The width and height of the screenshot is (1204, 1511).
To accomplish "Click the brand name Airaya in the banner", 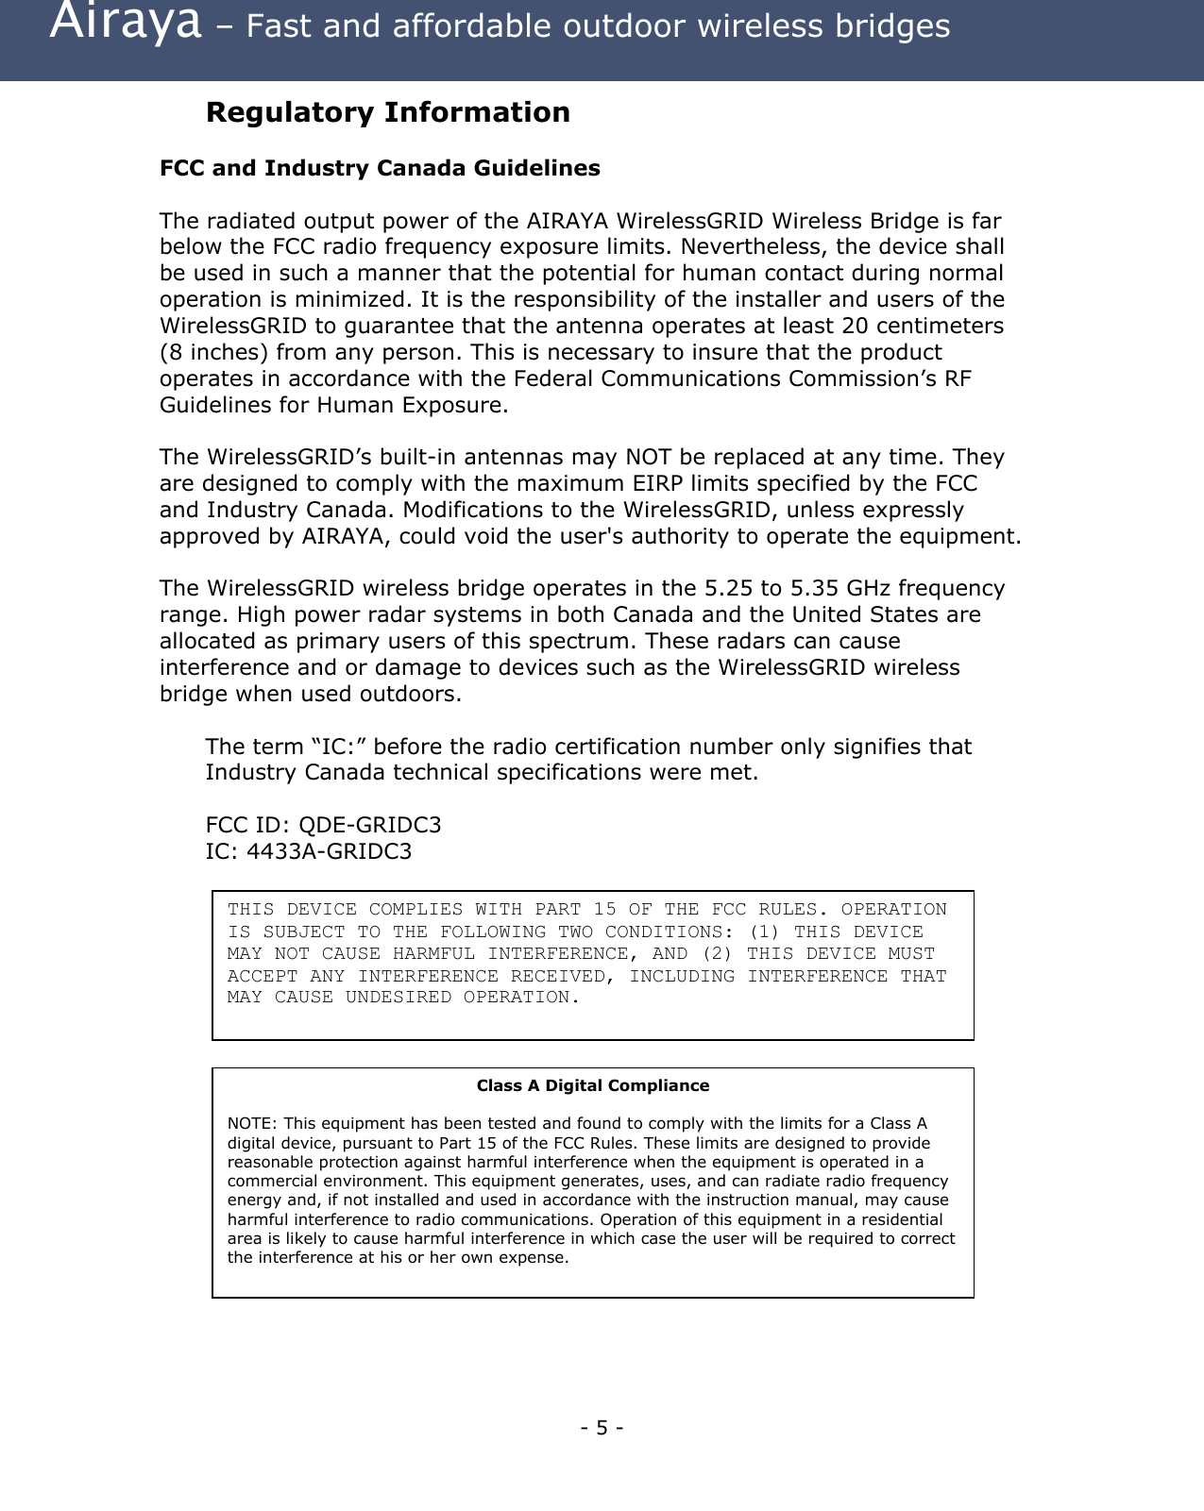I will pyautogui.click(x=125, y=23).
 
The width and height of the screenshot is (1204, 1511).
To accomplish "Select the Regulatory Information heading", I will pyautogui.click(x=387, y=112).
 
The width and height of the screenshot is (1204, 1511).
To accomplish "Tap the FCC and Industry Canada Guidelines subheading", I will pyautogui.click(x=380, y=168).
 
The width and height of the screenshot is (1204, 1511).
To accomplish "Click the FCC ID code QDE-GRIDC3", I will pyautogui.click(x=369, y=825).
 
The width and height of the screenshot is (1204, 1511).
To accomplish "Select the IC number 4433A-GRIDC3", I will pyautogui.click(x=329, y=851).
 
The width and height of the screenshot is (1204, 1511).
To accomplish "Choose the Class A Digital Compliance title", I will pyautogui.click(x=592, y=1085).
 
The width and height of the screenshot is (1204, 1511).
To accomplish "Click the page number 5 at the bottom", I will pyautogui.click(x=602, y=1427).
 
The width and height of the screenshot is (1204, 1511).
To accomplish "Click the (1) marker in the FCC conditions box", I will pyautogui.click(x=764, y=932).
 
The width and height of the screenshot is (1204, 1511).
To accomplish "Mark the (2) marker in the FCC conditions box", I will pyautogui.click(x=717, y=953).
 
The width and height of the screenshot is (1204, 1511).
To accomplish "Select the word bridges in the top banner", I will pyautogui.click(x=895, y=26).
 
